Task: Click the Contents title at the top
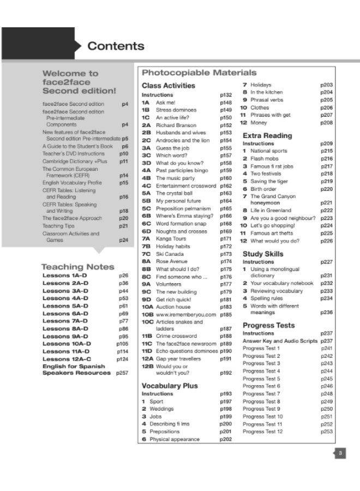(116, 46)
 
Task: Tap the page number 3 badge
(339, 453)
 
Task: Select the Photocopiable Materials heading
(199, 73)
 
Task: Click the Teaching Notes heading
(78, 267)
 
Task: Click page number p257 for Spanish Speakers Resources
(122, 373)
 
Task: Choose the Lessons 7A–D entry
(67, 322)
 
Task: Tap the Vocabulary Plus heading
(170, 386)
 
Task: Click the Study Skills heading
(263, 254)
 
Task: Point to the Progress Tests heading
(268, 325)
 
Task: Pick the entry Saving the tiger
(269, 181)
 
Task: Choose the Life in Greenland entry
(271, 211)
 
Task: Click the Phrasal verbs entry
(267, 100)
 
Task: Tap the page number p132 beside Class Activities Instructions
(226, 95)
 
